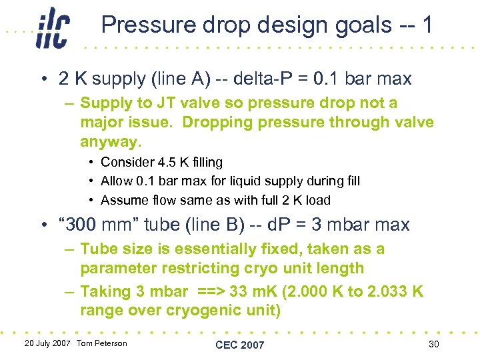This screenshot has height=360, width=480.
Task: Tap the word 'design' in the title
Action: click(x=261, y=25)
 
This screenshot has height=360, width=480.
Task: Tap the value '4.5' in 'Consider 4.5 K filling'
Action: click(x=159, y=162)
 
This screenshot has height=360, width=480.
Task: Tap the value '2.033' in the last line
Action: click(x=375, y=292)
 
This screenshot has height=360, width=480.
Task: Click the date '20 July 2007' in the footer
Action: click(x=47, y=343)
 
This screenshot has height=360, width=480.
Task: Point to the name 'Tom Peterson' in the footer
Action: click(x=101, y=343)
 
